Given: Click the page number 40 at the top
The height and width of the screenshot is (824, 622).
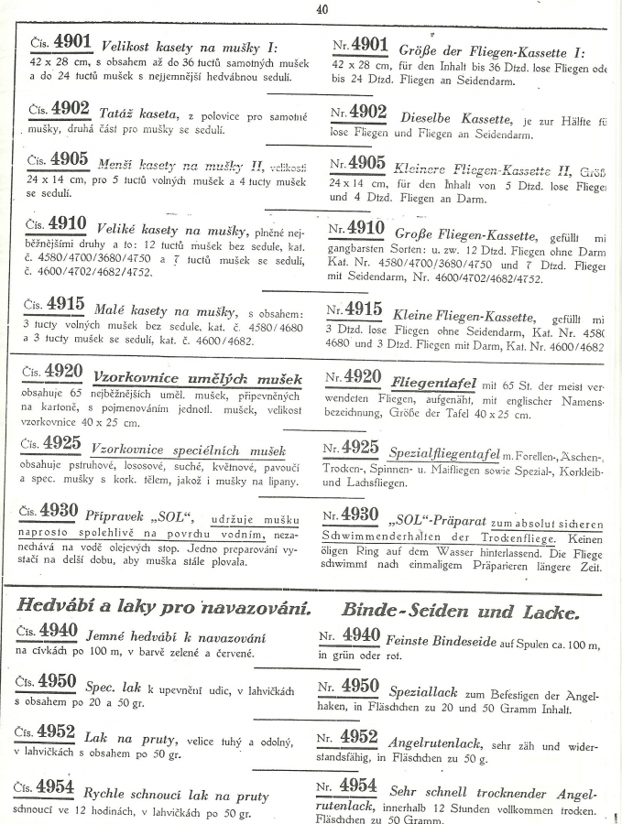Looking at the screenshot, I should (x=322, y=9).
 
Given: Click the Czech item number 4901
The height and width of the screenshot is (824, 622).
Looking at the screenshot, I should (x=71, y=43).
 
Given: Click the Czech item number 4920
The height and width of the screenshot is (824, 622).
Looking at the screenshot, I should (x=63, y=374).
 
